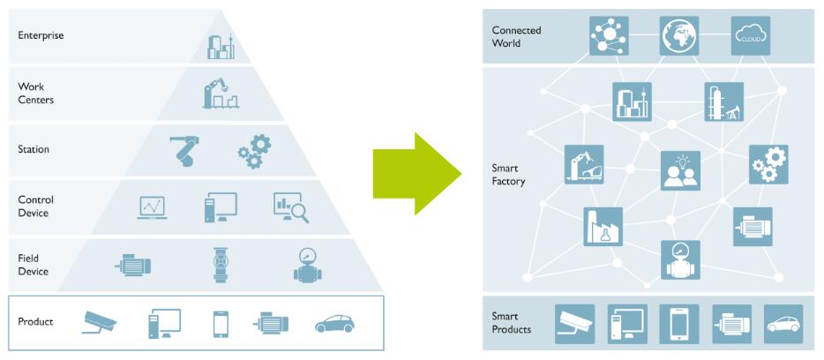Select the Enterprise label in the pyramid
(x=41, y=36)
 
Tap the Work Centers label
(x=36, y=94)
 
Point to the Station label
(x=34, y=149)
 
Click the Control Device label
(x=34, y=206)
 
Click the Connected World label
(x=516, y=36)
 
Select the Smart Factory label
(x=508, y=175)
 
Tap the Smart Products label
(x=512, y=323)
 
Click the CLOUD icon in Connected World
(x=751, y=36)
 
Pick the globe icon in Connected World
(x=679, y=36)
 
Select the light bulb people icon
(x=680, y=170)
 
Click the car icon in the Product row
(x=334, y=324)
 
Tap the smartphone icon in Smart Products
(x=679, y=324)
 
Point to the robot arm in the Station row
(x=186, y=150)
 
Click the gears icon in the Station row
(x=254, y=151)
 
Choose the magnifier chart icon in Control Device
(x=289, y=206)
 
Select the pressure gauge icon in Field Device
(x=308, y=264)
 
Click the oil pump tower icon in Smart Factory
(x=723, y=102)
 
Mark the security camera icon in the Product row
(x=100, y=322)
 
